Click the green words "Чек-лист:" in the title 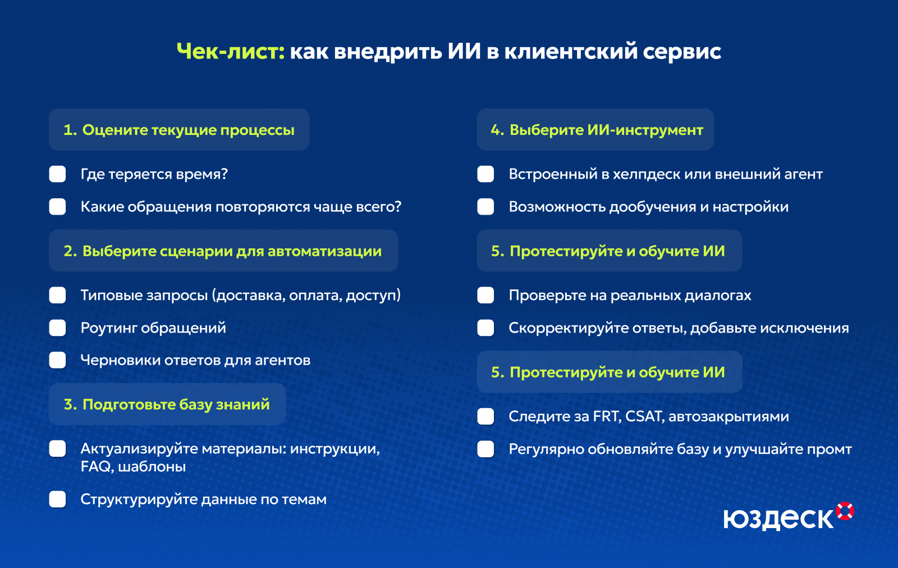[231, 52]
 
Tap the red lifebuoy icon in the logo [845, 511]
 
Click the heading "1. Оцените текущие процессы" [179, 130]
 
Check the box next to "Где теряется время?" [58, 174]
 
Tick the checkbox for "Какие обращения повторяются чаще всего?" [58, 207]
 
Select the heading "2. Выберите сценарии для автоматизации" [222, 251]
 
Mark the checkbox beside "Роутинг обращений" [58, 328]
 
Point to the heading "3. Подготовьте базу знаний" [167, 404]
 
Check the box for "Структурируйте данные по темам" [58, 499]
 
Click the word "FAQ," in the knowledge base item [96, 467]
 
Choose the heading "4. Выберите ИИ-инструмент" [597, 130]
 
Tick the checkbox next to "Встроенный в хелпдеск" [485, 174]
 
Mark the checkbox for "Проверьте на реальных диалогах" [485, 296]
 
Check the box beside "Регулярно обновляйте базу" [485, 449]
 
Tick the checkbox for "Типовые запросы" [58, 296]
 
